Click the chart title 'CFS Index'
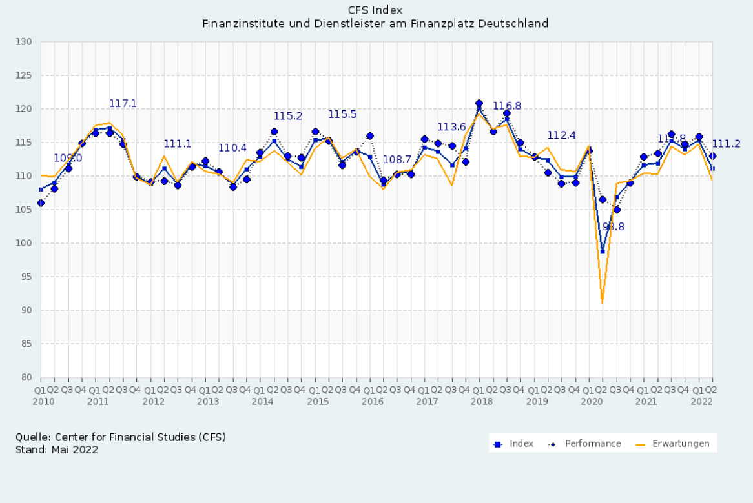(375, 10)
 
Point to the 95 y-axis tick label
(26, 277)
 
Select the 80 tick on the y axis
(26, 377)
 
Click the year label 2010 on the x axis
(43, 401)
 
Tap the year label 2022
(703, 401)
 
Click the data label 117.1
(123, 103)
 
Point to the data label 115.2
(288, 116)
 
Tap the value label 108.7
(397, 159)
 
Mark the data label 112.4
(561, 135)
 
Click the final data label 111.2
(726, 144)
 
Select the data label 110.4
(232, 148)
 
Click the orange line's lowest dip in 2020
(602, 302)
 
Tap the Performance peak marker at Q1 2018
(479, 103)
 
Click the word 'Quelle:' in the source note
(30, 437)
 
